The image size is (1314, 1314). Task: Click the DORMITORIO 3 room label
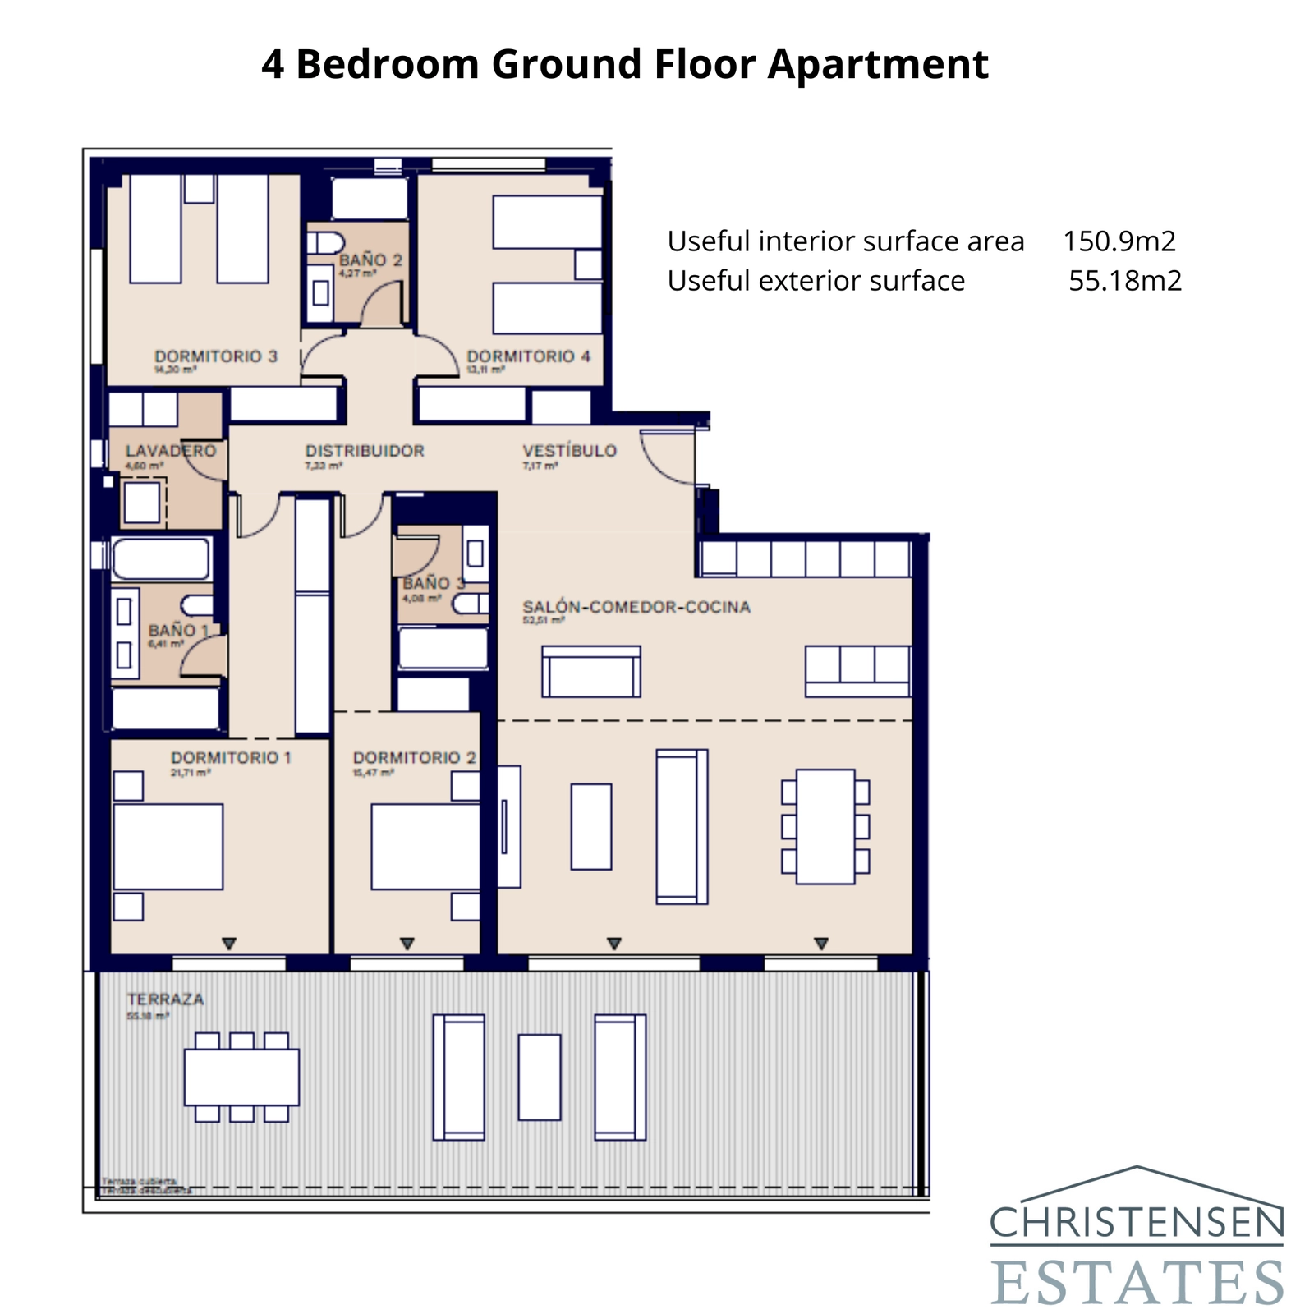[x=216, y=356]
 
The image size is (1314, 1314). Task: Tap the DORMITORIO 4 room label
[x=528, y=356]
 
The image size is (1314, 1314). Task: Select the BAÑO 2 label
[x=370, y=260]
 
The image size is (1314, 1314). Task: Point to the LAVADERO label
[x=171, y=451]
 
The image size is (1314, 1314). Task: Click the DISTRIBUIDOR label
[x=365, y=451]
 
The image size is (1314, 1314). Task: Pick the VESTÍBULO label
[x=569, y=451]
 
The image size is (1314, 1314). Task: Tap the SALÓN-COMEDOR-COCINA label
[x=636, y=607]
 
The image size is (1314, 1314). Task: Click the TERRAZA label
[x=165, y=999]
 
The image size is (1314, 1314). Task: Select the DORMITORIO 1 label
[x=231, y=757]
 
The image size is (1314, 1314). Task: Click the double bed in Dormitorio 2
[x=425, y=847]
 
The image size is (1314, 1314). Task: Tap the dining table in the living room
[x=825, y=826]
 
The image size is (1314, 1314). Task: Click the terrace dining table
[x=241, y=1077]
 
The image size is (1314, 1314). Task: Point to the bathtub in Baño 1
[x=161, y=559]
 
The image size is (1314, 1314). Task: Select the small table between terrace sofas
[x=540, y=1077]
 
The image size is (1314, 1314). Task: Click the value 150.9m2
[x=1119, y=241]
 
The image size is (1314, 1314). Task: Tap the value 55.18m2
[x=1125, y=281]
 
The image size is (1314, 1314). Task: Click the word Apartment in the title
[x=878, y=64]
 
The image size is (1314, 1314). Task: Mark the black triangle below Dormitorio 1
[x=229, y=944]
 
